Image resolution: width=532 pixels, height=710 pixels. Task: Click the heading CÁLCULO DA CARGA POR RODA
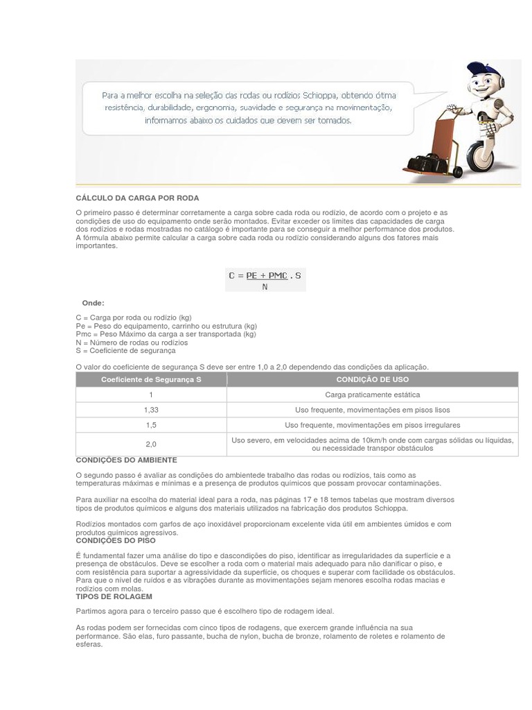coord(127,198)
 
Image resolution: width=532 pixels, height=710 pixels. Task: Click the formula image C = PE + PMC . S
coord(265,280)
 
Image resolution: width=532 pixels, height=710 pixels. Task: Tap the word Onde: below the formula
coord(94,303)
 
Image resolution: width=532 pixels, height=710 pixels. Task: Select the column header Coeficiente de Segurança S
coord(151,380)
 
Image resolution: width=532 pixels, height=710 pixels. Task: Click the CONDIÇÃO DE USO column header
coord(372,380)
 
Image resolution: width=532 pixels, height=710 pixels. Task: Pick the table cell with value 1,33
coord(151,410)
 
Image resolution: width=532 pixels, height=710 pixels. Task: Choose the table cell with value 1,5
coord(151,425)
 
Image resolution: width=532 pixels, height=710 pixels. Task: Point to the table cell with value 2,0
coord(151,444)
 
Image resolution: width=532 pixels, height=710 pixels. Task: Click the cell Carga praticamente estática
coord(372,395)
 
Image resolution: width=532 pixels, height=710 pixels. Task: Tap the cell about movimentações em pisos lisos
coord(372,410)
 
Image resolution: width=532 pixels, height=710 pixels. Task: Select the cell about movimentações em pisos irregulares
coord(372,425)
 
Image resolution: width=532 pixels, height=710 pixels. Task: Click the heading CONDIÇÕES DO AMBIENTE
coord(126,460)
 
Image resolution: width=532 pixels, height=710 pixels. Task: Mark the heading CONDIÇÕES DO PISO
coord(116,541)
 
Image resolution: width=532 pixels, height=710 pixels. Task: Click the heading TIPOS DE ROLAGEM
coord(114,597)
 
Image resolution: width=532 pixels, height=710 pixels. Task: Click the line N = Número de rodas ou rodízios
coord(132,343)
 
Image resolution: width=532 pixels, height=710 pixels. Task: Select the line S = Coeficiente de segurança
coord(125,351)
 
